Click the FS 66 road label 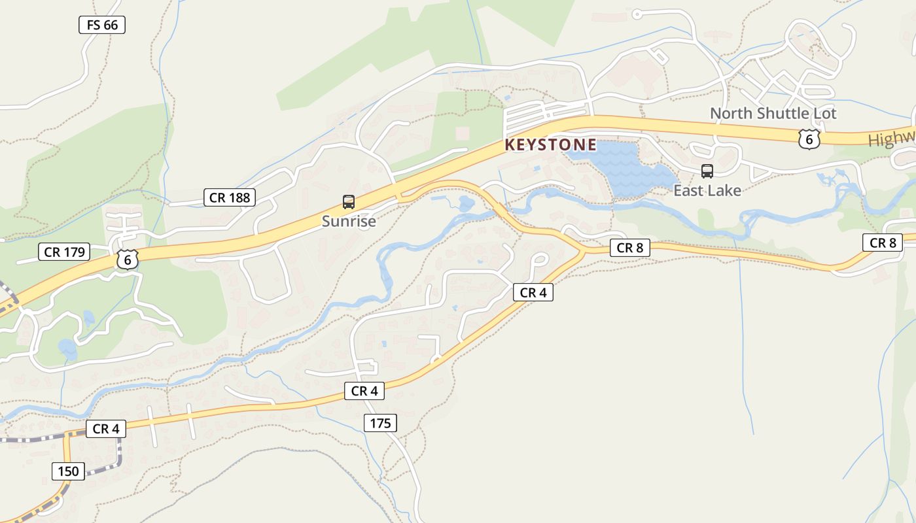point(101,25)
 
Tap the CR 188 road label point(229,197)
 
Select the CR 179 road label point(65,252)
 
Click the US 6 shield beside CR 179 point(128,259)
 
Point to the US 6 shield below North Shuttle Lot point(809,139)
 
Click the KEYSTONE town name point(550,144)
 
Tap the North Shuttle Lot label point(773,113)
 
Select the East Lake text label point(707,190)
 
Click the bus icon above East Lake point(707,171)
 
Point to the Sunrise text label point(349,221)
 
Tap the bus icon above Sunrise point(349,202)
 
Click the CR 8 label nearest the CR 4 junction point(629,248)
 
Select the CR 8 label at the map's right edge point(882,243)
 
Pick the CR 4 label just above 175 point(364,391)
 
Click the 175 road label point(380,423)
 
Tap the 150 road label point(68,471)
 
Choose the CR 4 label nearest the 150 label point(105,429)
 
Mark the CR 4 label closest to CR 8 point(533,292)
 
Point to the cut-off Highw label point(891,140)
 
